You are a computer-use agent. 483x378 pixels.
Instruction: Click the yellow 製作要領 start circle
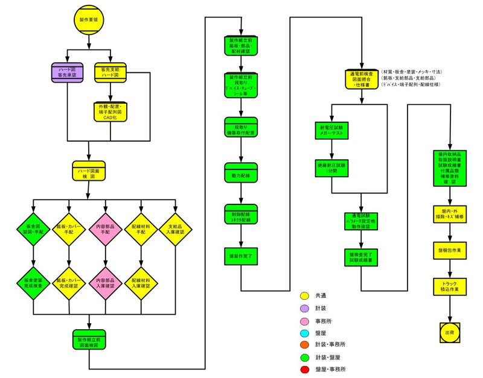[x=89, y=20]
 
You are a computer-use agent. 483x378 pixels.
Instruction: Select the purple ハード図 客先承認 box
[x=67, y=72]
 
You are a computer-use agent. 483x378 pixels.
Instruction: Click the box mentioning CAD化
[x=110, y=112]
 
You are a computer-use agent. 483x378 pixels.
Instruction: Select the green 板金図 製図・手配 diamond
[x=34, y=229]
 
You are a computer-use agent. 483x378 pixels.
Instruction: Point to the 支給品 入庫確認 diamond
[x=176, y=229]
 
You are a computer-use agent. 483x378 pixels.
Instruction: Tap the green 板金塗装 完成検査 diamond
[x=34, y=282]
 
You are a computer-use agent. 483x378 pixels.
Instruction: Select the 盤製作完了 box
[x=241, y=256]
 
